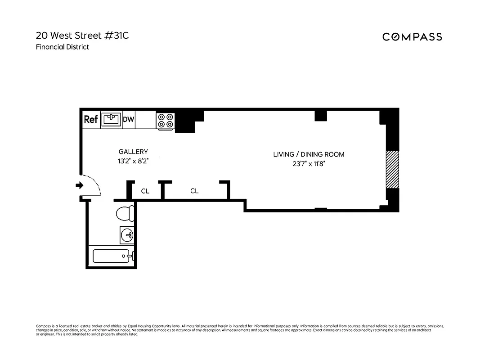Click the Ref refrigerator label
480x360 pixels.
tap(91, 120)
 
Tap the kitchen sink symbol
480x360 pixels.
tap(111, 119)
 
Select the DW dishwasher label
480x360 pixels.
tap(129, 119)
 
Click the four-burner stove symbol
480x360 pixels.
tap(165, 120)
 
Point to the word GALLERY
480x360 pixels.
tap(133, 152)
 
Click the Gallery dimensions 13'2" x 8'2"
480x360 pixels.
tap(133, 161)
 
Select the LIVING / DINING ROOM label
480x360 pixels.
tap(309, 154)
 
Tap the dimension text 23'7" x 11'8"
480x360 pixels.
tap(309, 164)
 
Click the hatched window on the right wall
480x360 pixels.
tap(392, 169)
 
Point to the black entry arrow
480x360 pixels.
tap(79, 185)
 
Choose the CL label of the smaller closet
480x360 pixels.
tap(145, 191)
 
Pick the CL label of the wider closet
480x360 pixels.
tap(194, 191)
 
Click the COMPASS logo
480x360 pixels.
tap(412, 37)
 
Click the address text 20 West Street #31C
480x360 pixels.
tap(82, 36)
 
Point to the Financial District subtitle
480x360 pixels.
tap(63, 47)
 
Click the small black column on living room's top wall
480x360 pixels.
tap(320, 115)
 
